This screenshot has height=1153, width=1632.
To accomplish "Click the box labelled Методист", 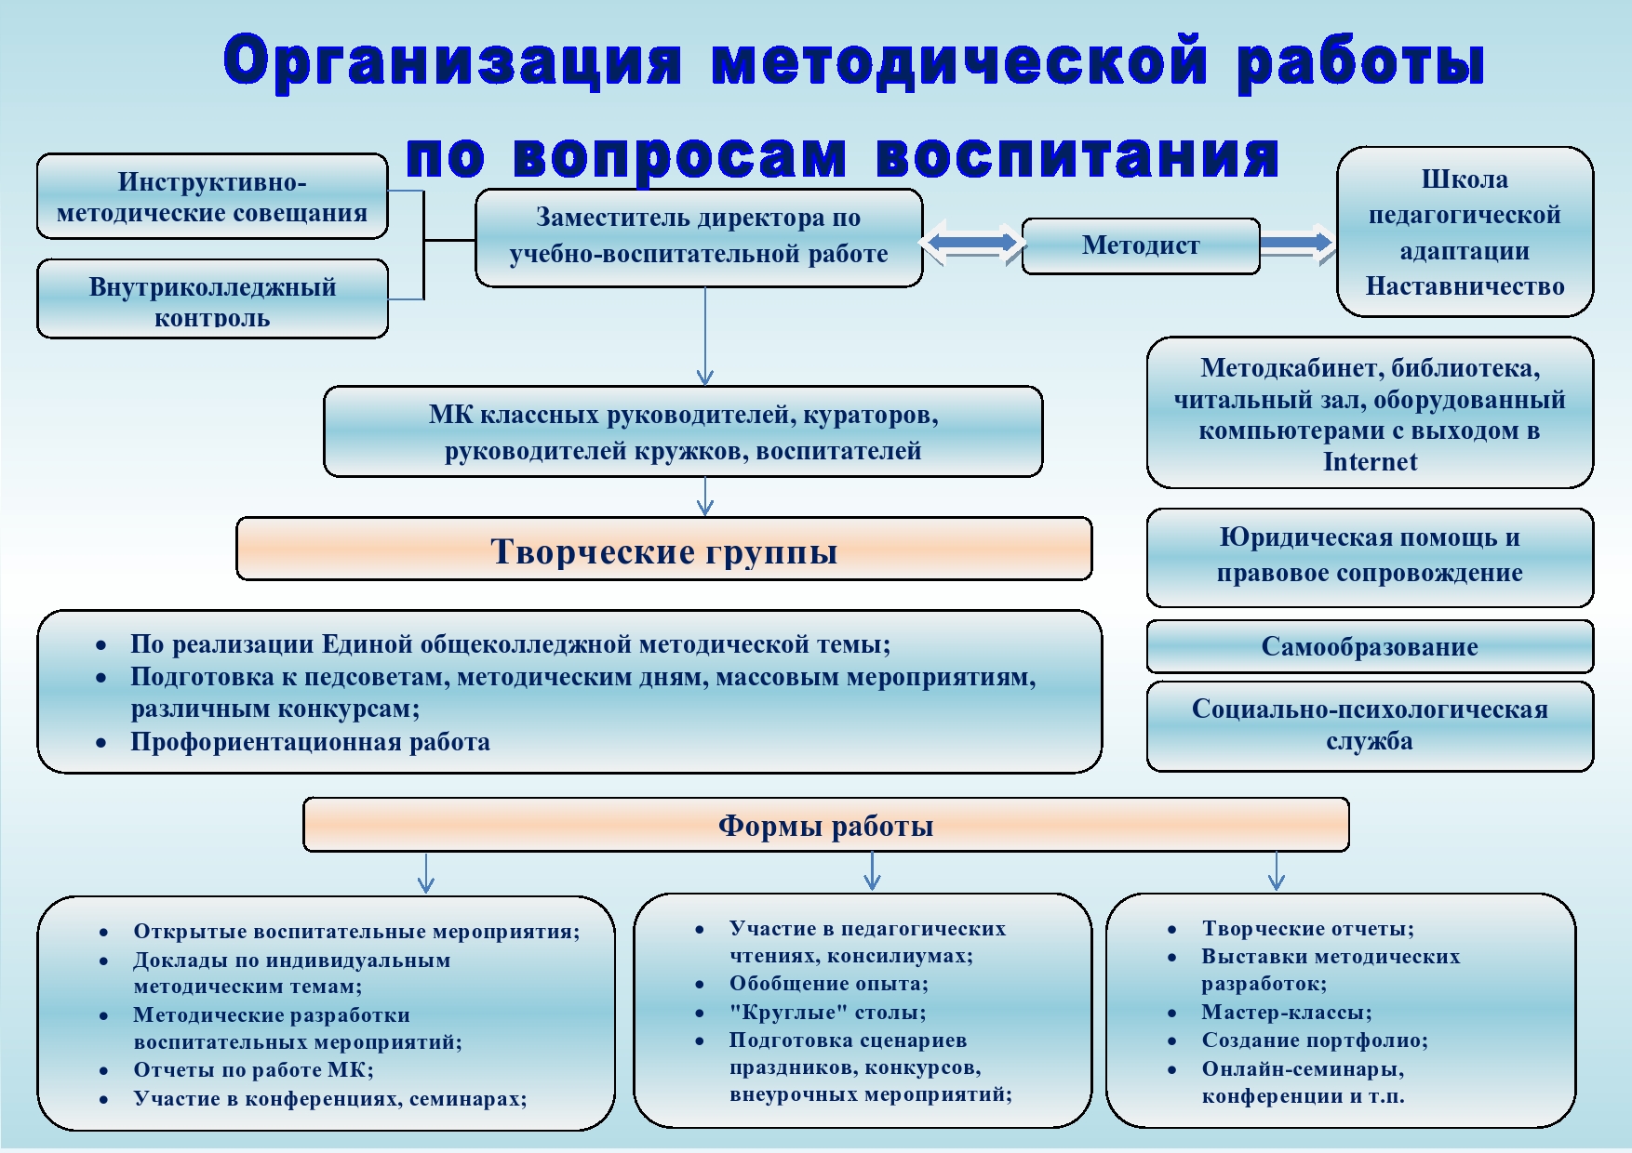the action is (1141, 246).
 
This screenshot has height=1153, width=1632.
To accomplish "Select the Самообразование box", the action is (1370, 646).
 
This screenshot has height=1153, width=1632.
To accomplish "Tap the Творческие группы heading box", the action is (664, 550).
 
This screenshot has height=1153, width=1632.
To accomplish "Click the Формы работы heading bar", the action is (826, 825).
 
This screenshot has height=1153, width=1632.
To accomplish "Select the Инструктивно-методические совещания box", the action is (212, 196).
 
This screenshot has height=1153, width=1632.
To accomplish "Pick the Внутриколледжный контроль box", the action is (212, 299).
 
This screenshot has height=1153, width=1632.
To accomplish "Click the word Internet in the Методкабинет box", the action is (1370, 462).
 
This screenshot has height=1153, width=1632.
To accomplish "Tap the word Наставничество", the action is (1465, 286).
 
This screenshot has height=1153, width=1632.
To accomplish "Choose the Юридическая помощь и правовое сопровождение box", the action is (1370, 557).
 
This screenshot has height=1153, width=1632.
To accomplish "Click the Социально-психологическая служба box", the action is (1370, 726).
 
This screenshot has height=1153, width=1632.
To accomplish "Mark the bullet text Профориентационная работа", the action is (310, 742).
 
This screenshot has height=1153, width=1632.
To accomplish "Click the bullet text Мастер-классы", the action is (1286, 1013).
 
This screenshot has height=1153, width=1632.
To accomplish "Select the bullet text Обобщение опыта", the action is (828, 984).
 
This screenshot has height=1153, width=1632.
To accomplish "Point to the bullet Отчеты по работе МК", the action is (253, 1070).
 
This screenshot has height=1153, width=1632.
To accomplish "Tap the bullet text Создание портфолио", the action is (1315, 1040).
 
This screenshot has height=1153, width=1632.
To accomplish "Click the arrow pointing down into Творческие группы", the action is (705, 497).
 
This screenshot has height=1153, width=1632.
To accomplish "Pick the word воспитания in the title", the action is (1077, 156).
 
